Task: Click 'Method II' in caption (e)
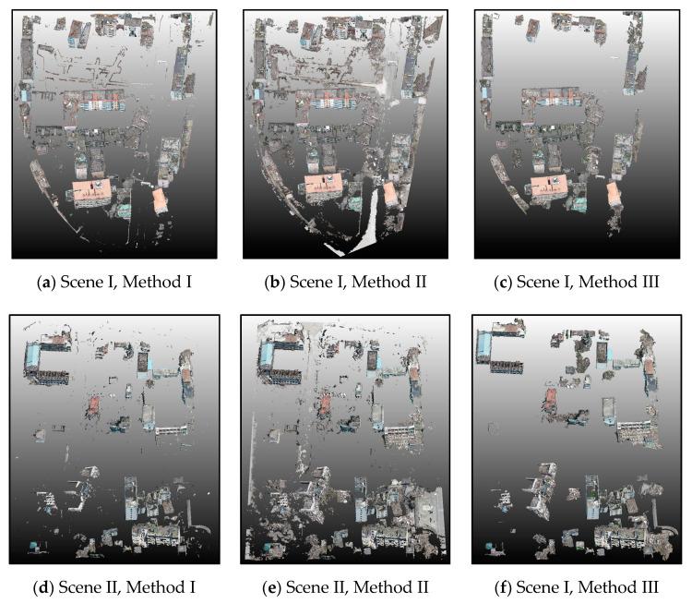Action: click(x=396, y=587)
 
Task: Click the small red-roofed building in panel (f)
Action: click(x=550, y=398)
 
